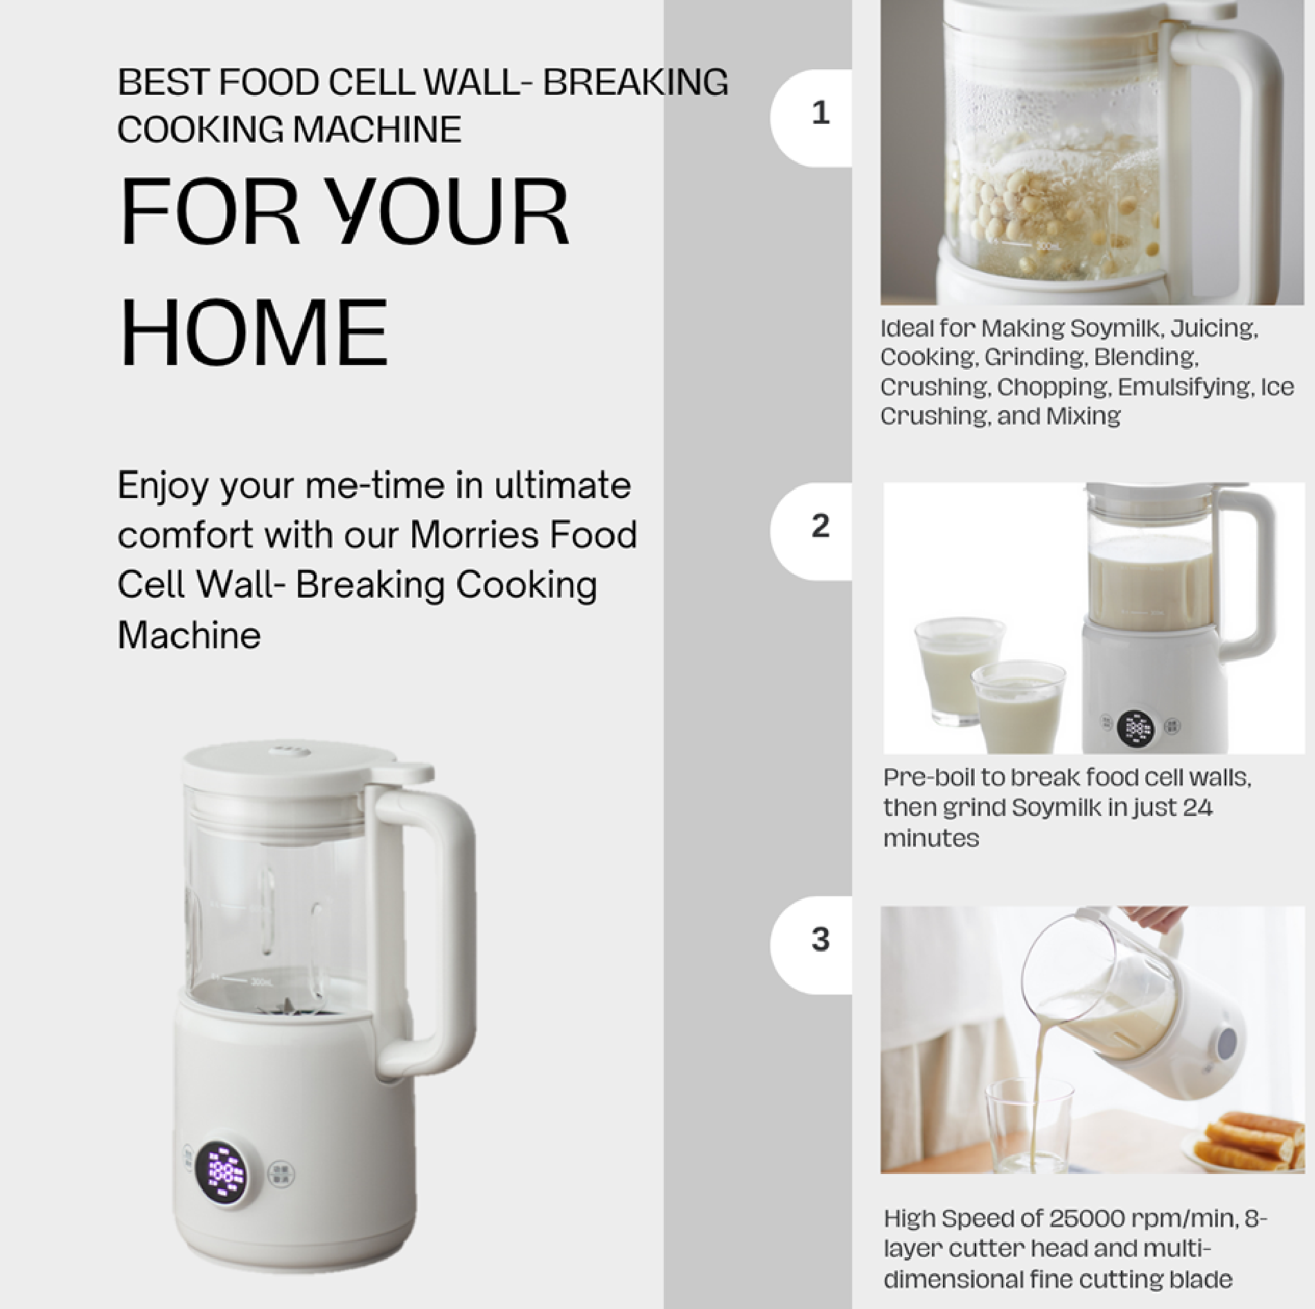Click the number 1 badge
[x=820, y=113]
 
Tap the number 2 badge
[x=820, y=526]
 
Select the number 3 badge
[x=820, y=940]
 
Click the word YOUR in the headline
[x=447, y=211]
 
